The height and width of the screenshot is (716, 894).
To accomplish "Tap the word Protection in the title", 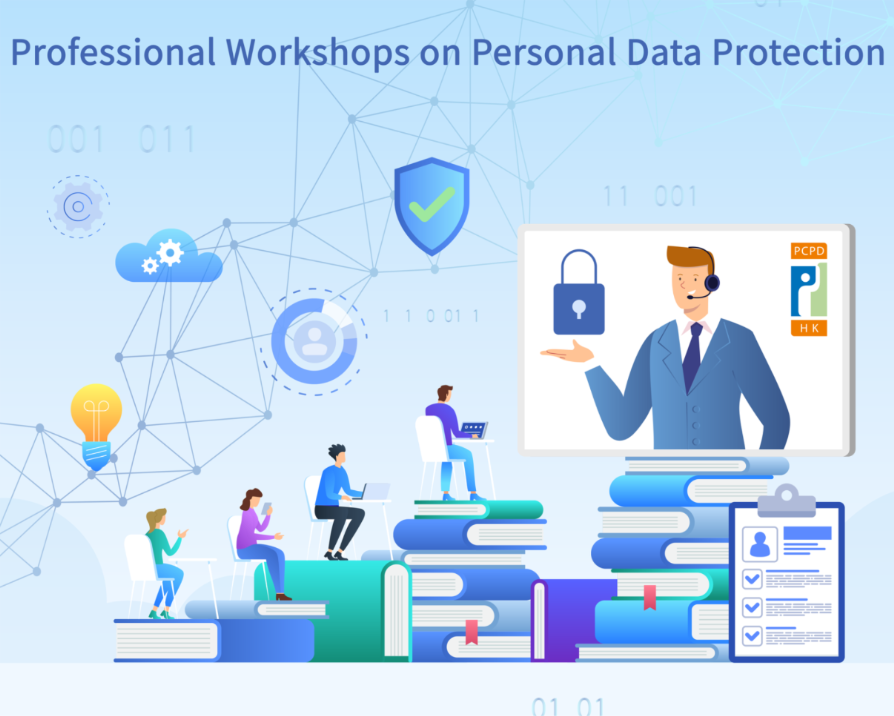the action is click(799, 52).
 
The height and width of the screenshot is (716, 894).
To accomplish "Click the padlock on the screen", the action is click(579, 292).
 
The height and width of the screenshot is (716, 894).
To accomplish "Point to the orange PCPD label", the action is click(809, 251).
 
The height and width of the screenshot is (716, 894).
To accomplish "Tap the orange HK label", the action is click(809, 328).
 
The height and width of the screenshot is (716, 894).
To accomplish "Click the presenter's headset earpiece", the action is click(712, 282).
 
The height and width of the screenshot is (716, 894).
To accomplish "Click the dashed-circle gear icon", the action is click(78, 207).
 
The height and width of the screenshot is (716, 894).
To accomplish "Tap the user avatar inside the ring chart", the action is click(314, 341).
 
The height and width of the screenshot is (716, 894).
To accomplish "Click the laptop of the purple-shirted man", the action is click(473, 430).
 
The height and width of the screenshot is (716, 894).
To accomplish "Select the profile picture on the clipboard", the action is click(760, 544).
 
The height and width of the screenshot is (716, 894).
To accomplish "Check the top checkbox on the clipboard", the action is click(752, 579).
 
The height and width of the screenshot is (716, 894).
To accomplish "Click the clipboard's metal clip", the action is click(786, 501).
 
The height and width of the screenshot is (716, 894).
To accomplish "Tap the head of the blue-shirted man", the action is click(337, 454).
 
